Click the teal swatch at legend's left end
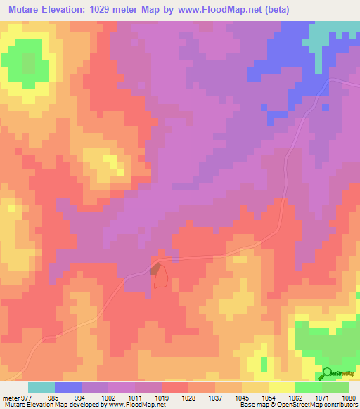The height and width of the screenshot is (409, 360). tap(41, 387)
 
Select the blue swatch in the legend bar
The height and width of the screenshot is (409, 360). tap(68, 387)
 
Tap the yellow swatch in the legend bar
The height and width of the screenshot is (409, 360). tap(281, 387)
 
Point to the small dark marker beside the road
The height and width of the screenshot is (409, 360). tap(154, 269)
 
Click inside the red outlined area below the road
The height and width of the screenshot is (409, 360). tap(161, 278)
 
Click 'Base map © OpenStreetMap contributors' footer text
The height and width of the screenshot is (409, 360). tap(297, 404)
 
